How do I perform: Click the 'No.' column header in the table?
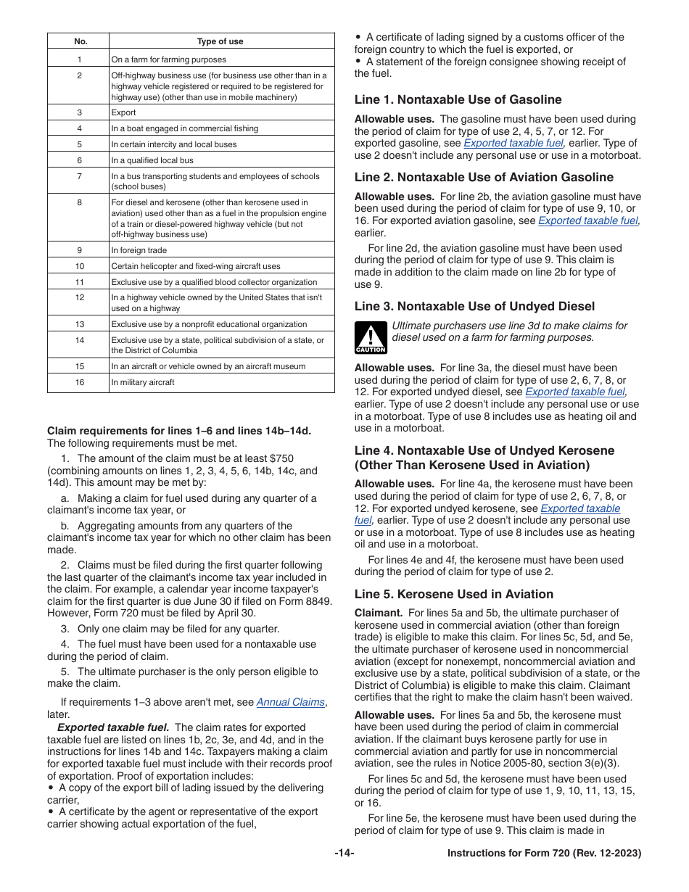coord(81,41)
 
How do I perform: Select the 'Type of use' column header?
coord(220,41)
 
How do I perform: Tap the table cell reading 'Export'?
coord(124,112)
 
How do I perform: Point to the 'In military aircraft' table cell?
coord(143,382)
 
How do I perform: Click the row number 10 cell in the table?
coord(80,266)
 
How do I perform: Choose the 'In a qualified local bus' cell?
coord(152,160)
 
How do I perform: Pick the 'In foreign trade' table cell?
coord(139,250)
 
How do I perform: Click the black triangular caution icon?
coord(370,337)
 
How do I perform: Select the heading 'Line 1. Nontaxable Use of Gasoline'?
coord(458,99)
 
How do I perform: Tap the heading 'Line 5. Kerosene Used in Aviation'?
coord(453,594)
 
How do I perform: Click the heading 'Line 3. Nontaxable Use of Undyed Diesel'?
coord(474,306)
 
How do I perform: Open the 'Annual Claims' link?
coord(290,702)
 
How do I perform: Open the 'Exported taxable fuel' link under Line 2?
coord(588,220)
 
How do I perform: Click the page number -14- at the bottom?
coord(344,854)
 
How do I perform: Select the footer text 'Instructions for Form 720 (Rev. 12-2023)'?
coord(544,854)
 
